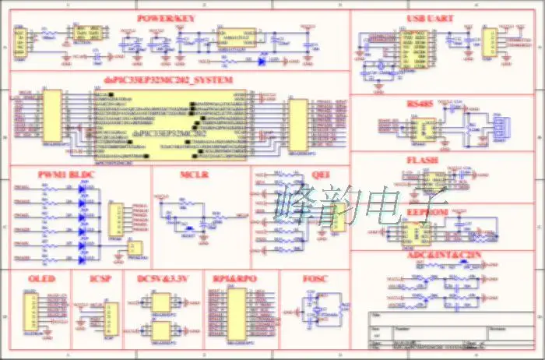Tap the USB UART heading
431,18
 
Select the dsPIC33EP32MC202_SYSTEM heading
168,80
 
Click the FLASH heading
422,161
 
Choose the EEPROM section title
427,212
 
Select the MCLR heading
194,175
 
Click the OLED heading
40,279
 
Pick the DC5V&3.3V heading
163,279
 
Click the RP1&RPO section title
234,279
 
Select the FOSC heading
315,279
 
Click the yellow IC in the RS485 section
427,129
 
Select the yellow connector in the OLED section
31,312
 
